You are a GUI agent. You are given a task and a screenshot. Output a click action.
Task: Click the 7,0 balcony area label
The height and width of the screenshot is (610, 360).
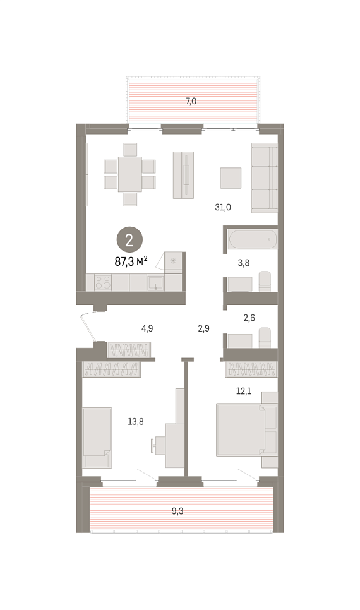click(x=191, y=102)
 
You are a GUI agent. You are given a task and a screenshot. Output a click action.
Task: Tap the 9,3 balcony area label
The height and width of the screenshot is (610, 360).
click(x=177, y=511)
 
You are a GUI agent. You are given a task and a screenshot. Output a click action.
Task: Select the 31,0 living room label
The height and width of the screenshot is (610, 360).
click(x=223, y=207)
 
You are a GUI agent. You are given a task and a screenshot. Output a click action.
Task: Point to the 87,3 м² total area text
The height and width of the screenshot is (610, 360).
click(x=131, y=261)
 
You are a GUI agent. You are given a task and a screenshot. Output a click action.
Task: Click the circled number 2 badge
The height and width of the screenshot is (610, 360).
click(x=129, y=240)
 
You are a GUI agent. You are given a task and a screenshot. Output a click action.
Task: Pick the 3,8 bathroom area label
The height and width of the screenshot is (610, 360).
click(x=244, y=263)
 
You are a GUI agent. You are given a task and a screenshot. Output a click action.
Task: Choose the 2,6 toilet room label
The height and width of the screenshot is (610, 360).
click(x=249, y=318)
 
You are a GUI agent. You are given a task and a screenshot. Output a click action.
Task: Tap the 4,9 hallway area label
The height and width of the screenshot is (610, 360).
click(x=147, y=328)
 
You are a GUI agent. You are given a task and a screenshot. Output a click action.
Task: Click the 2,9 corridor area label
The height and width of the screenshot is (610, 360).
click(x=203, y=328)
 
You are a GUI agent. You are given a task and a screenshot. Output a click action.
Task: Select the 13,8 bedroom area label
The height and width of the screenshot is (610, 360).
click(x=135, y=421)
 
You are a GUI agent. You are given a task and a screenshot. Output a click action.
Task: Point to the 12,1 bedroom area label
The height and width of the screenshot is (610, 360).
click(x=244, y=391)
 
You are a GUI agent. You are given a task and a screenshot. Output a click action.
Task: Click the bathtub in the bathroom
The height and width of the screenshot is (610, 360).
click(x=253, y=239)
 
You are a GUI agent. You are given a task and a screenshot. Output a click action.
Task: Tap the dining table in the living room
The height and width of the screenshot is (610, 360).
click(x=129, y=174)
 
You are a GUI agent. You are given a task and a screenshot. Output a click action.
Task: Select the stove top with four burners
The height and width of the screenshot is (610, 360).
click(x=103, y=282)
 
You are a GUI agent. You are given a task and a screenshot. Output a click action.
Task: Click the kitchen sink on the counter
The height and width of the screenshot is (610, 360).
click(x=155, y=283)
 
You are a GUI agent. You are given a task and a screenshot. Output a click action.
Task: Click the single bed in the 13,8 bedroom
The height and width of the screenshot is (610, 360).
click(x=97, y=438)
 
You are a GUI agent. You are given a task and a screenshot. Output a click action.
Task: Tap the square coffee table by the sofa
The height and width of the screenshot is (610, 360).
click(x=231, y=178)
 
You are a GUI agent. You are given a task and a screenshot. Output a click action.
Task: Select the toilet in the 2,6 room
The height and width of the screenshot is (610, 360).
click(x=265, y=337)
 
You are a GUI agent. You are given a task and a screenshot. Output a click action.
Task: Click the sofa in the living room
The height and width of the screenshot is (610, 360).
click(x=265, y=178)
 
